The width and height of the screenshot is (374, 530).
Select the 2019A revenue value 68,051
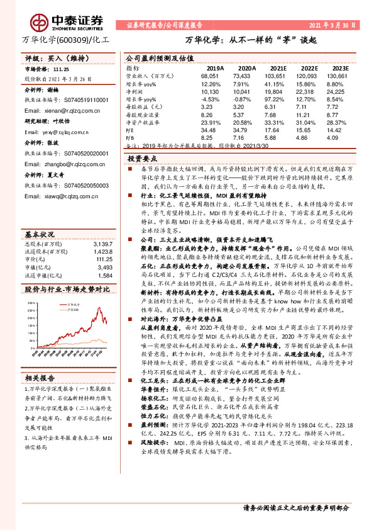(x=214, y=75)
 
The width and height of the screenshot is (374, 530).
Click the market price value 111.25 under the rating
(x=61, y=70)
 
